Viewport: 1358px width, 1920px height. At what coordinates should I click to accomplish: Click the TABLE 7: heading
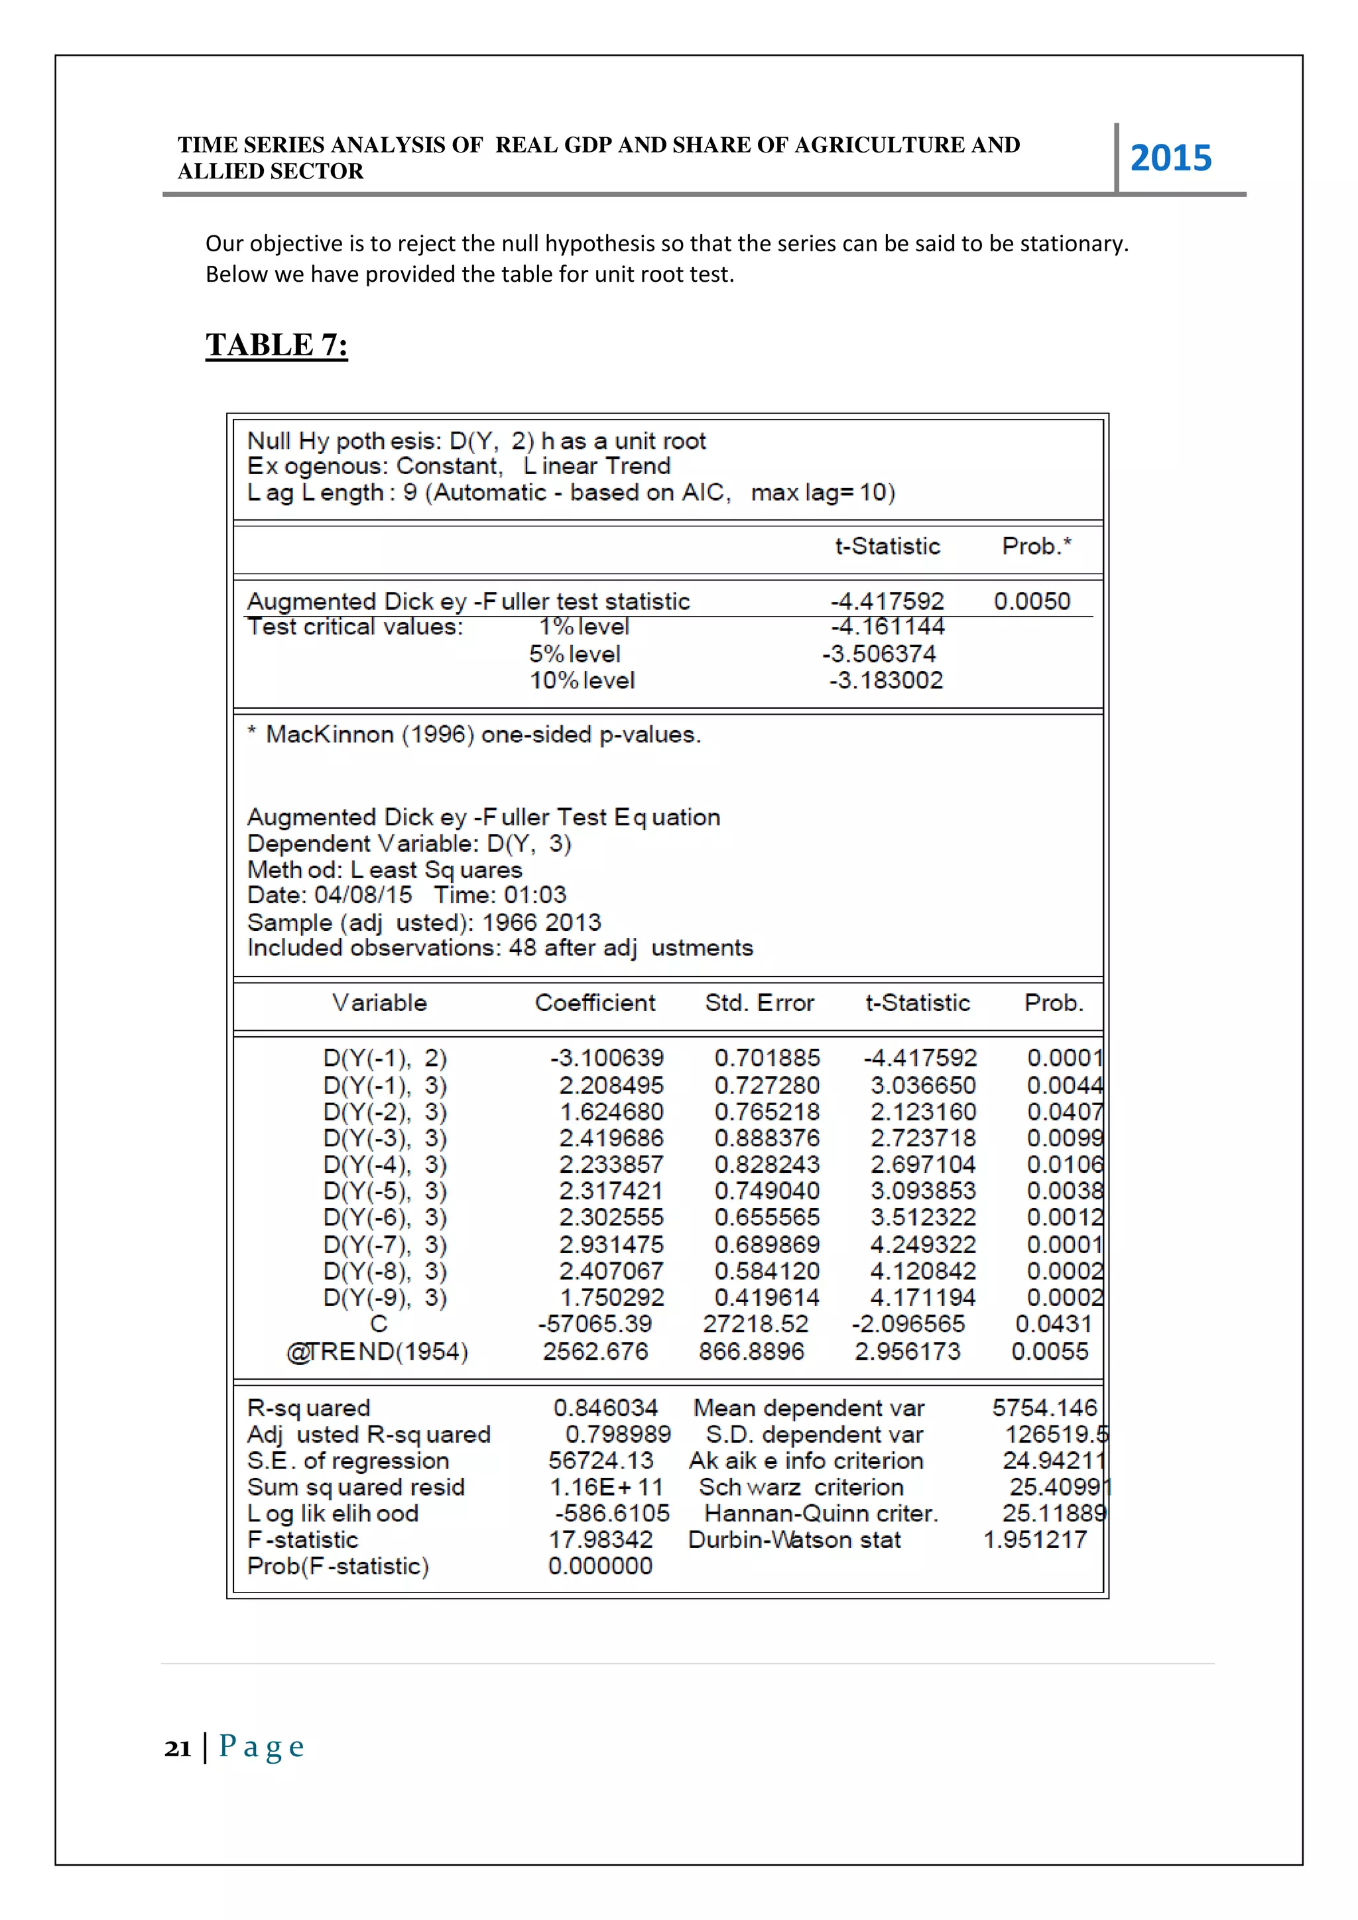click(x=277, y=345)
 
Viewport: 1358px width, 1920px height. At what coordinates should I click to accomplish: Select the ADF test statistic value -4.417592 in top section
click(x=887, y=601)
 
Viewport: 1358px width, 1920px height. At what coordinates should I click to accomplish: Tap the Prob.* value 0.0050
click(x=1031, y=601)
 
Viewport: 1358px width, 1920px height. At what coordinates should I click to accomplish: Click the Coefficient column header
click(x=595, y=1002)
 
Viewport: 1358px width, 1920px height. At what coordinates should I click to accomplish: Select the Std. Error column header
click(x=759, y=1002)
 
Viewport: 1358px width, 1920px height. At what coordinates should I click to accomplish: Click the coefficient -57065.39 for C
click(x=595, y=1324)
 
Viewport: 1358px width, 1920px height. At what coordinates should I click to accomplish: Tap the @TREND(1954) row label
click(x=377, y=1351)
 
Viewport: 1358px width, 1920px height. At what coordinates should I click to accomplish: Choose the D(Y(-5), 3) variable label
click(x=385, y=1190)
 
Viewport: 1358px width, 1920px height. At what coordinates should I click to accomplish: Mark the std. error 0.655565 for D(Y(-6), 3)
click(x=767, y=1217)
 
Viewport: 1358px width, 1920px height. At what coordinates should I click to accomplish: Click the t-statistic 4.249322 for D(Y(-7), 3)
click(x=922, y=1244)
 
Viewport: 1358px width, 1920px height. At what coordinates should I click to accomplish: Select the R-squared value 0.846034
click(x=605, y=1408)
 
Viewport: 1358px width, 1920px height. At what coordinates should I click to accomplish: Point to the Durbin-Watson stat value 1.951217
click(x=1034, y=1539)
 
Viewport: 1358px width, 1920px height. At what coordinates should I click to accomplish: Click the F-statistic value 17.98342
click(x=600, y=1539)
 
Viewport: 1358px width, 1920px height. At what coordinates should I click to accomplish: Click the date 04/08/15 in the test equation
click(x=363, y=895)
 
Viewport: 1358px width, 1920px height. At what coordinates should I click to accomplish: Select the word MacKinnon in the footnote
click(x=330, y=734)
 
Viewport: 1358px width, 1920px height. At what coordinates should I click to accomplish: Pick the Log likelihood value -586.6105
click(x=612, y=1513)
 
